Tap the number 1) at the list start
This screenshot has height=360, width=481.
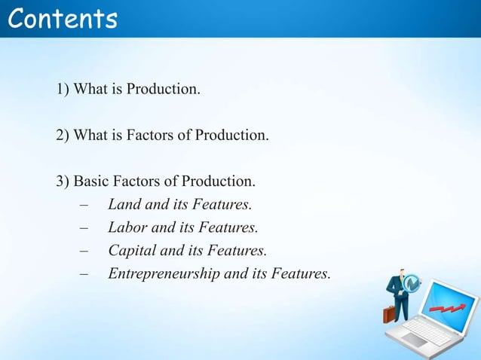pyautogui.click(x=63, y=90)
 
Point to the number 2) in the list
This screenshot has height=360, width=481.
pyautogui.click(x=63, y=136)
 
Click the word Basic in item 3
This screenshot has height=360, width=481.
pyautogui.click(x=92, y=182)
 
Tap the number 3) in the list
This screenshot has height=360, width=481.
pyautogui.click(x=63, y=182)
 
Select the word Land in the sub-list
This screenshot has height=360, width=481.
pyautogui.click(x=123, y=205)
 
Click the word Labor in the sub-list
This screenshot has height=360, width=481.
pyautogui.click(x=126, y=227)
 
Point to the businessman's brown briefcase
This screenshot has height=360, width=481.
pyautogui.click(x=388, y=313)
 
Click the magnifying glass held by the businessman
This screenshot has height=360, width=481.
pyautogui.click(x=412, y=283)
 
